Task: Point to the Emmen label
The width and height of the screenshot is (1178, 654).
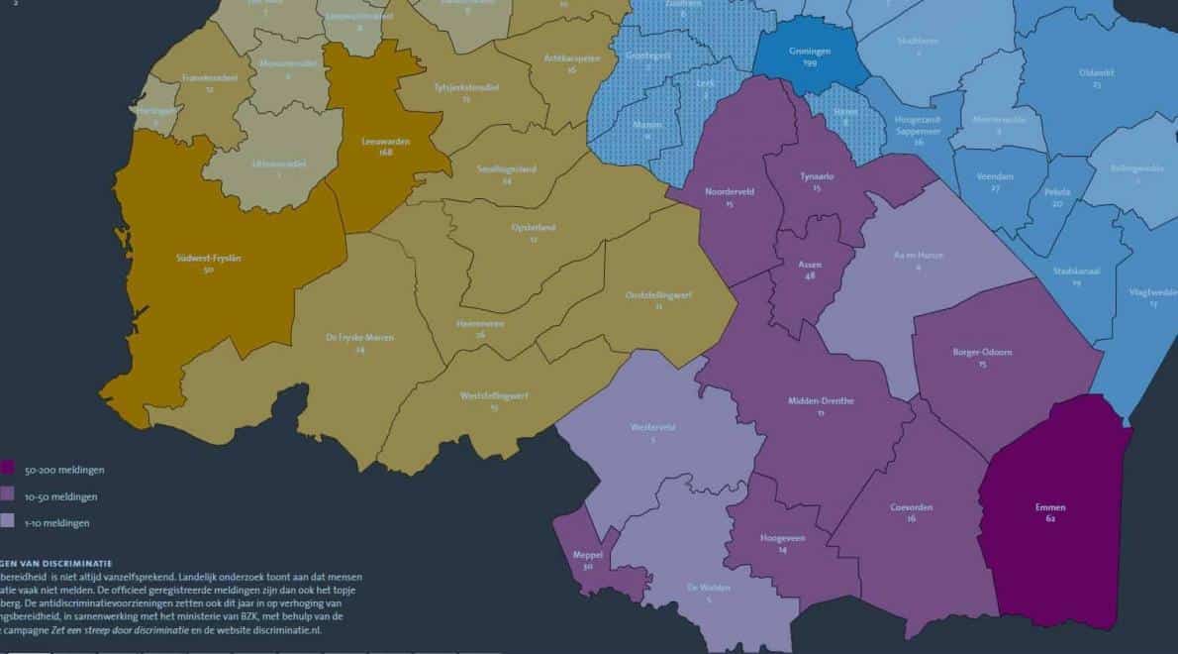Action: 1050,508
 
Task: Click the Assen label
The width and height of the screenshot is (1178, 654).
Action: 810,266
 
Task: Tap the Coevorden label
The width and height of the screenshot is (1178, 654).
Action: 911,507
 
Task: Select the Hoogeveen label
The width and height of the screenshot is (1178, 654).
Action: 782,538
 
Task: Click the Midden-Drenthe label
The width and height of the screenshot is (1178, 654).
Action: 820,401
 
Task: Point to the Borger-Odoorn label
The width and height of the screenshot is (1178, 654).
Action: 981,352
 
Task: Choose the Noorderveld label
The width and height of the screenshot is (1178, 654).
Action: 729,192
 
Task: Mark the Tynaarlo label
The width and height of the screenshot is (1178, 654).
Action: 817,176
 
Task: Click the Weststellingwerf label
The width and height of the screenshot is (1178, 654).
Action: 494,395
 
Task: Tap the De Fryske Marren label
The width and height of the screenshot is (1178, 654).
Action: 359,338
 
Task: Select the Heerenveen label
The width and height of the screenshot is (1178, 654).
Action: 480,323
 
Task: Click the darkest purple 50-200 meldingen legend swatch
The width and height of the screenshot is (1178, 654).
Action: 6,469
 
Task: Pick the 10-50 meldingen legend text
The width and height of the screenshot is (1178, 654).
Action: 61,496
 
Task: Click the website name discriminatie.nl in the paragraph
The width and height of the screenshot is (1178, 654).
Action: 295,629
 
